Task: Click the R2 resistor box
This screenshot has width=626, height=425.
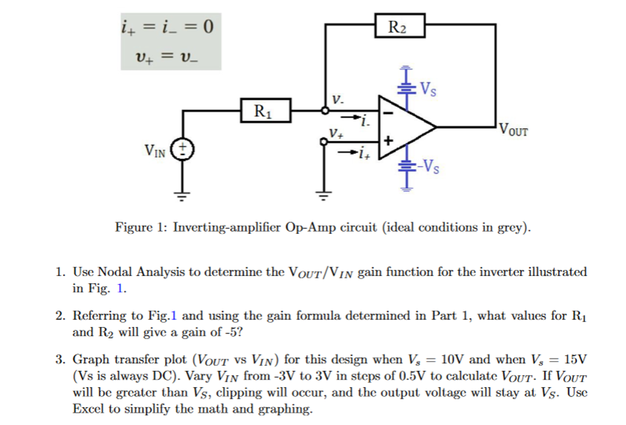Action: click(397, 27)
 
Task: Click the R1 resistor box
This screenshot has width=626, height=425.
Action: click(265, 111)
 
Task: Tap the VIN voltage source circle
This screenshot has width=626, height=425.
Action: click(182, 149)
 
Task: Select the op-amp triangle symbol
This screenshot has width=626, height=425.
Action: click(403, 127)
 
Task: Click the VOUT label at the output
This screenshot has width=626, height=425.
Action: click(514, 129)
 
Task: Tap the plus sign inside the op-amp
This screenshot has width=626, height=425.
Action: click(388, 141)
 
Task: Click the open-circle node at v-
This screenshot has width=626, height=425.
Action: click(325, 111)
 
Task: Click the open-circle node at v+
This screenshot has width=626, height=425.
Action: click(325, 142)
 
